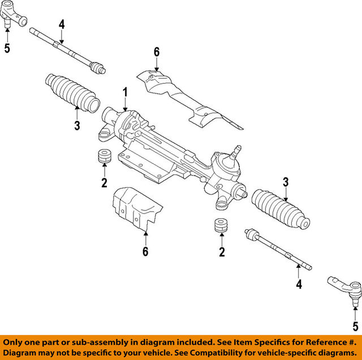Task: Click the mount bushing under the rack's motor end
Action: point(105,157)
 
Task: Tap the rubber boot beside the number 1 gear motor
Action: point(72,93)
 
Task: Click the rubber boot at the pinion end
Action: point(280,209)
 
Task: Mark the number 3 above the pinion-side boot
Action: point(286,182)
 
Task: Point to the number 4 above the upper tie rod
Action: point(62,24)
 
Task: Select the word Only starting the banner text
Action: point(16,342)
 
